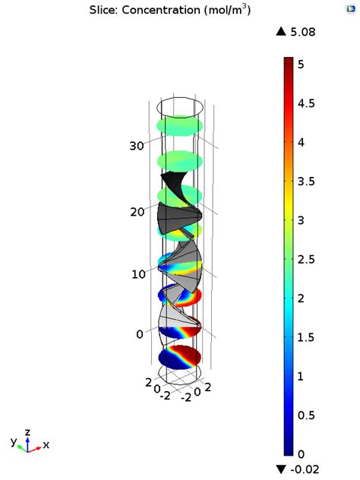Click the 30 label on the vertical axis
click(137, 146)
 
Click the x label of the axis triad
click(46, 445)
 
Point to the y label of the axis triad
click(13, 441)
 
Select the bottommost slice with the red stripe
click(179, 357)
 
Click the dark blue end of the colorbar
click(289, 448)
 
